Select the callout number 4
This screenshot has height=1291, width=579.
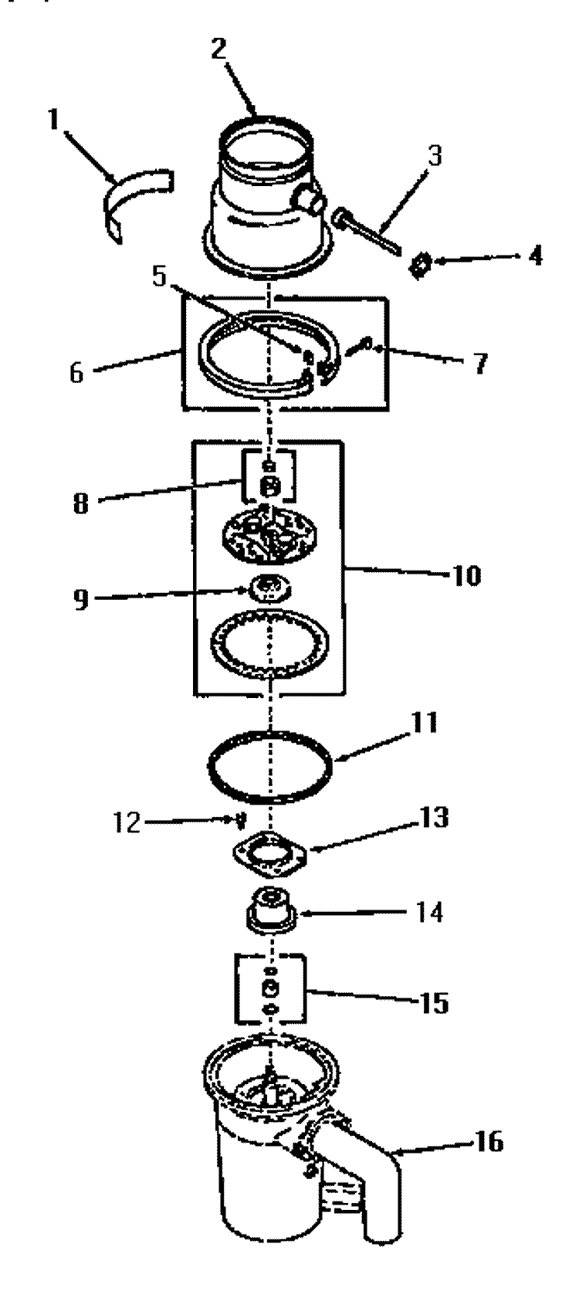tap(535, 255)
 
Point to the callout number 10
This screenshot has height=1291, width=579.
tap(466, 575)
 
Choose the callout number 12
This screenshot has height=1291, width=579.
tap(126, 824)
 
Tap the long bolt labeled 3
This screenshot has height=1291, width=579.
tap(367, 231)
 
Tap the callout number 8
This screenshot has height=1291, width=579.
tap(81, 503)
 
